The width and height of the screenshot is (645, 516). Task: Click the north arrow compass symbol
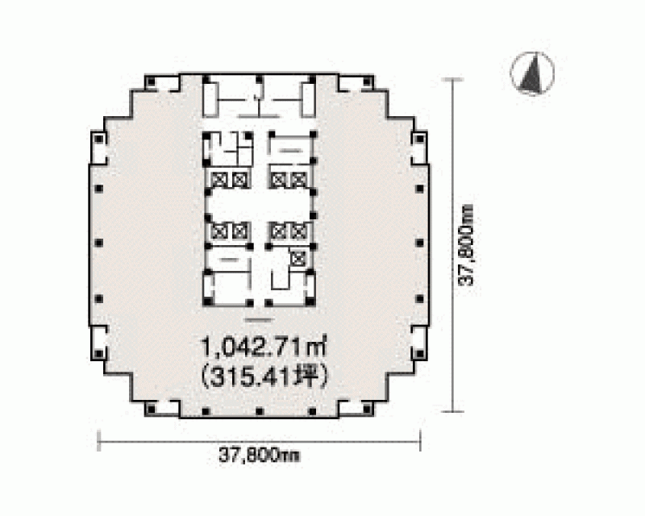532,73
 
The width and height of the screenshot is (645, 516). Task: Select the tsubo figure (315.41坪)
264,377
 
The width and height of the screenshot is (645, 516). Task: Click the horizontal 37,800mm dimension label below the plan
259,456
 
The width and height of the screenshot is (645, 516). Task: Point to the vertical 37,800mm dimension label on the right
467,244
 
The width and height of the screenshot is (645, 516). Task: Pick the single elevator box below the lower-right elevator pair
298,259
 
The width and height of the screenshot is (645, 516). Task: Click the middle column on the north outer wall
259,80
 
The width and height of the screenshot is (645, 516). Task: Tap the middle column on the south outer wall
259,410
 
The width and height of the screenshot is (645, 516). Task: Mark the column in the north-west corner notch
151,81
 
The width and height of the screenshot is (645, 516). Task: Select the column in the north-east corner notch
368,81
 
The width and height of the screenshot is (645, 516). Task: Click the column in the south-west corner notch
151,409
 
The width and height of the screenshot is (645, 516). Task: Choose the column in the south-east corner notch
368,409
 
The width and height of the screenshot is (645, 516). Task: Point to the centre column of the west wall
98,243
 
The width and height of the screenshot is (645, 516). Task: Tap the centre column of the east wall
419,243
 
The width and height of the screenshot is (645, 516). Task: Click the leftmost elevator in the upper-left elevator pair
219,180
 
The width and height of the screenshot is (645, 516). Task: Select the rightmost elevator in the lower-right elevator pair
298,231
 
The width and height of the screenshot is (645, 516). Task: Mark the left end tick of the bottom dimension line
98,441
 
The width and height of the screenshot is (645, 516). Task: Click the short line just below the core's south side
259,320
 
